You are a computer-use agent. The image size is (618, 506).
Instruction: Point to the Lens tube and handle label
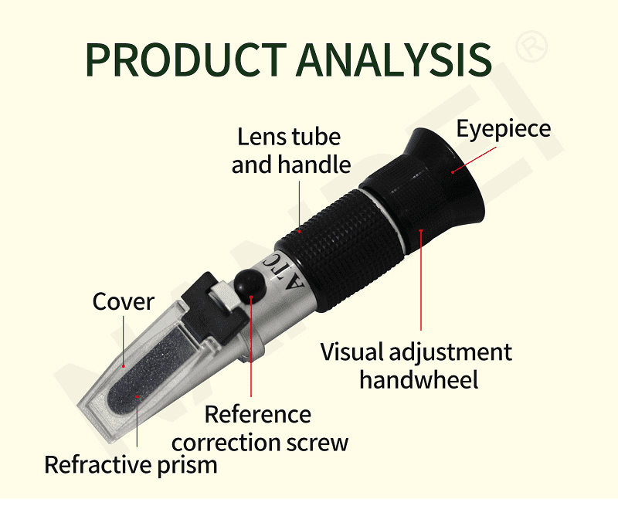coord(291,151)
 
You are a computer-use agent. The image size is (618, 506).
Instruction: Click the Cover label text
coord(124,301)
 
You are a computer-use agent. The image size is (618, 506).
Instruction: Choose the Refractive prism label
coord(131,465)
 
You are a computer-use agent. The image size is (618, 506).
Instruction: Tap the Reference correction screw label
coord(260,429)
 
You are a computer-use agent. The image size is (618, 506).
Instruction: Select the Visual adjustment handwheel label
coord(416,365)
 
